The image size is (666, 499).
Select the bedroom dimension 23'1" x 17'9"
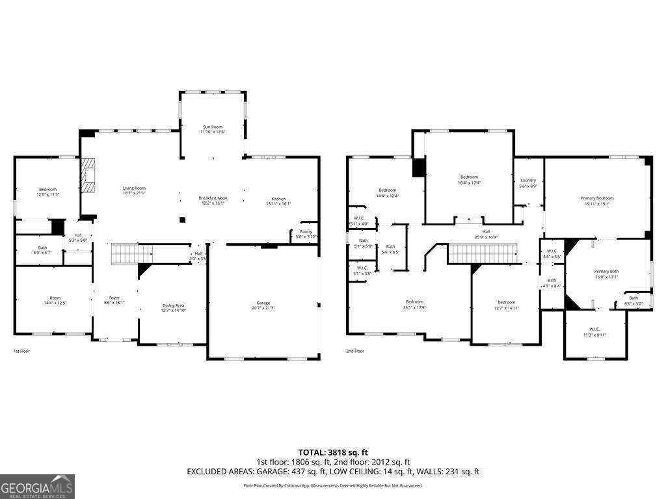point(414,308)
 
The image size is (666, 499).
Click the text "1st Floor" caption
point(21,351)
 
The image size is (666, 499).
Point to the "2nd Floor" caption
point(354,351)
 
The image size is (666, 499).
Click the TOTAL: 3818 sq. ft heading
point(333,452)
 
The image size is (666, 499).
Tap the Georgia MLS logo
point(38,486)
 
